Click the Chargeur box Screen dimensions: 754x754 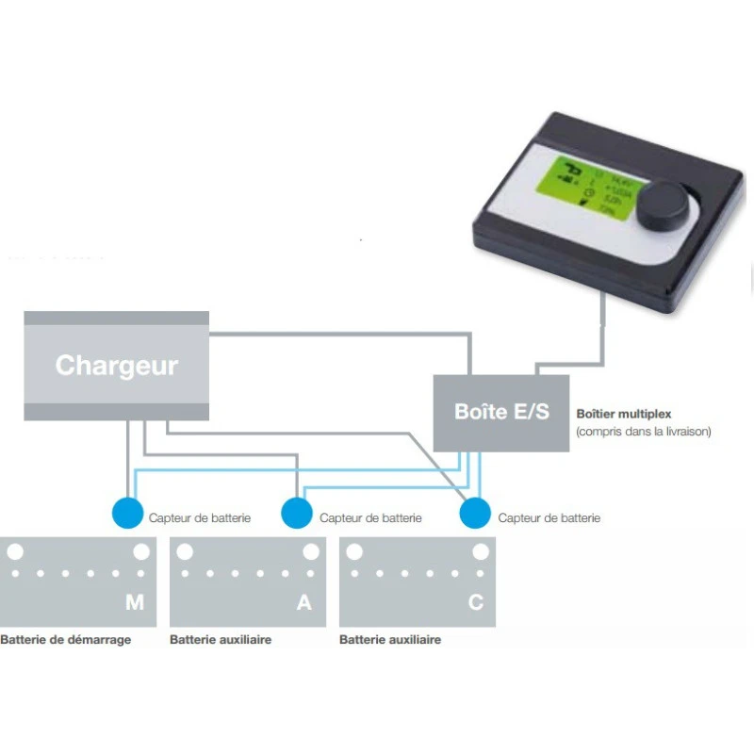[116, 366]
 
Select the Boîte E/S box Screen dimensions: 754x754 [500, 412]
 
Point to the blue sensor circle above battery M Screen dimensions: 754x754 [126, 514]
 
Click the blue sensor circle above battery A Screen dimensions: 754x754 [297, 514]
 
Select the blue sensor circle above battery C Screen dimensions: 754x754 [474, 514]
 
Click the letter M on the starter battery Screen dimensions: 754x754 [135, 603]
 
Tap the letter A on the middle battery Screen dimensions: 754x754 [303, 603]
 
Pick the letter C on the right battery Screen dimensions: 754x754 [475, 603]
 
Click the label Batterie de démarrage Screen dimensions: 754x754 [66, 640]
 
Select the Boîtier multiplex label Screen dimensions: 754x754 [623, 414]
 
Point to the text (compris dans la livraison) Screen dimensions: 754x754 [643, 432]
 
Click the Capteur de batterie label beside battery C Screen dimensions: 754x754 [549, 517]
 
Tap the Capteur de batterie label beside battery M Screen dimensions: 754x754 [200, 517]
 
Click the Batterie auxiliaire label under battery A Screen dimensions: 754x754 [221, 640]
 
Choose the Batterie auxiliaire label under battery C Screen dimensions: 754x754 [390, 640]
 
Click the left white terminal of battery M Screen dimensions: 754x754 [16, 550]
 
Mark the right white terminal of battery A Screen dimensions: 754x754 [310, 550]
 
